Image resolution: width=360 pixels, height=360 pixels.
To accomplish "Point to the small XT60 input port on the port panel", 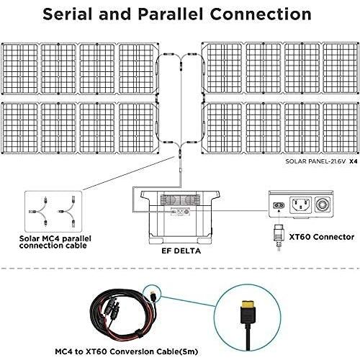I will tap(277, 204).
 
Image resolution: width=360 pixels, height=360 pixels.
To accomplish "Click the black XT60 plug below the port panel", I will tap(278, 235).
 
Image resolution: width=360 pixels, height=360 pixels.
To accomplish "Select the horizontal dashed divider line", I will tap(180, 268).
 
